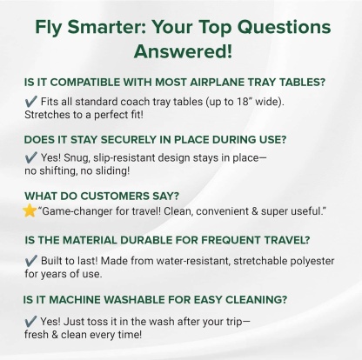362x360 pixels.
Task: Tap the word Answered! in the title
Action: click(x=181, y=49)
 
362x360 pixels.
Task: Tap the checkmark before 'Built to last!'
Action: click(x=30, y=259)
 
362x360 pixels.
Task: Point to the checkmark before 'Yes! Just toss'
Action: click(x=30, y=318)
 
